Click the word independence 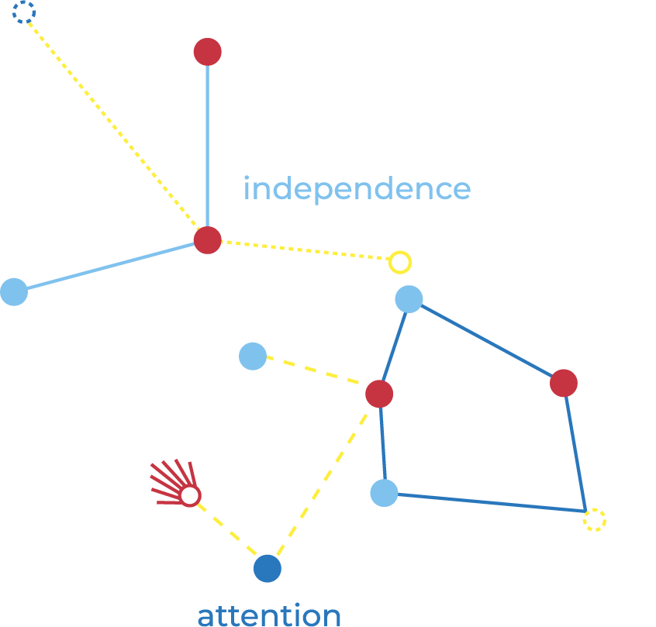coord(357,189)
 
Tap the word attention coord(269,616)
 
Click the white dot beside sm coord(585,354)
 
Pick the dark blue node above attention coord(268,568)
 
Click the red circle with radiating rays coord(190,495)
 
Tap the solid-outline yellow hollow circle coord(399,262)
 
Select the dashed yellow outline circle coord(594,519)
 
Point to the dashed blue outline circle coord(24,12)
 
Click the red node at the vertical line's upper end coord(207,52)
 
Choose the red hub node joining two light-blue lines coord(207,239)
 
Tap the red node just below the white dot coord(564,382)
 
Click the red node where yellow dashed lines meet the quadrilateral coord(379,394)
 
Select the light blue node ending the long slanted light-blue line coord(14,291)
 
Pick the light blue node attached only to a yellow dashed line coord(252,356)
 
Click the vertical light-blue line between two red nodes coord(207,147)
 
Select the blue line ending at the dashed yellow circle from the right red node coord(576,450)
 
